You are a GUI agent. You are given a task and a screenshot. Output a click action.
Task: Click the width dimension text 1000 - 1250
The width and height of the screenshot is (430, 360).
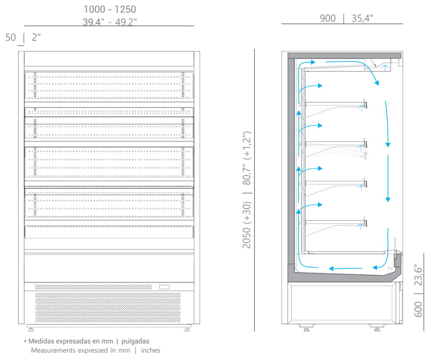point(110,9)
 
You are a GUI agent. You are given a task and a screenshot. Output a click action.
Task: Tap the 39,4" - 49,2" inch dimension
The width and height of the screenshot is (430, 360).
point(110,22)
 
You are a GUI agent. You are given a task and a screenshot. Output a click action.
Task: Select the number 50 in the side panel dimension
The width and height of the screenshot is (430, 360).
point(10,37)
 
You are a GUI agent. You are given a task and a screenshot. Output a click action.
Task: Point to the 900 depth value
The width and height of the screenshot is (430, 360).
point(328,18)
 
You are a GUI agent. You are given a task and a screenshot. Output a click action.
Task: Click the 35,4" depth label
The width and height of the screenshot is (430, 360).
point(362,18)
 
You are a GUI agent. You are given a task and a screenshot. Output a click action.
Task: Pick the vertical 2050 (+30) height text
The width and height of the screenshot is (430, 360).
point(246,225)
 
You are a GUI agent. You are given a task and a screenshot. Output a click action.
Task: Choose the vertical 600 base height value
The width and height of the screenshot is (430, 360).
point(418,309)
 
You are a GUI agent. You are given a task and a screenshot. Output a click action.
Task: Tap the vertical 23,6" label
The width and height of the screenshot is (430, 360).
point(418,275)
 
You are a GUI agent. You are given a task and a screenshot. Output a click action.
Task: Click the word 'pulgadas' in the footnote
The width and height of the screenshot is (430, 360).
point(135,341)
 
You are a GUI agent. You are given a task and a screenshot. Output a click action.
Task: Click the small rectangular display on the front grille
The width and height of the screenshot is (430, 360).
point(164,287)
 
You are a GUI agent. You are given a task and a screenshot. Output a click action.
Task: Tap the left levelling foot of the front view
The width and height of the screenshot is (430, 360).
point(30,328)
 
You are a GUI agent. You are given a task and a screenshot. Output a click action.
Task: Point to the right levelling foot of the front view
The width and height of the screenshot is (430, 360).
point(187,328)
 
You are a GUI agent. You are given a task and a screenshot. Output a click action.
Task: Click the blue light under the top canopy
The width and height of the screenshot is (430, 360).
point(385,67)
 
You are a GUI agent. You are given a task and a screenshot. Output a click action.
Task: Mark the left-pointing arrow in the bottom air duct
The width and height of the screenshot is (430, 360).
point(345,268)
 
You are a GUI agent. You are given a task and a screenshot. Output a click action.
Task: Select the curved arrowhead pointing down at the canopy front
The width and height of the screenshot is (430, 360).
point(377,82)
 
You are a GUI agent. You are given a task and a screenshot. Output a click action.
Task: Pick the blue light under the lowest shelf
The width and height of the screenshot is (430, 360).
point(361,226)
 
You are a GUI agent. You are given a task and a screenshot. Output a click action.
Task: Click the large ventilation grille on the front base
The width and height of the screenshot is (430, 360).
point(108,307)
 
